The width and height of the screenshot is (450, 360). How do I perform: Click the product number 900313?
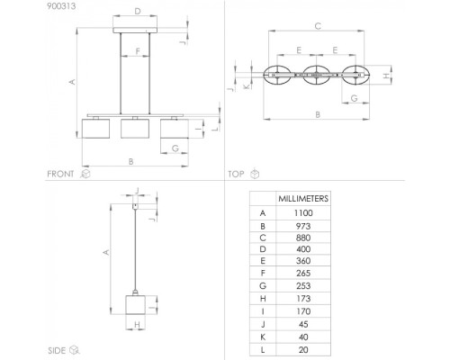(x=61, y=6)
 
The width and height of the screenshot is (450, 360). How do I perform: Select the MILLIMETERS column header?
(x=303, y=199)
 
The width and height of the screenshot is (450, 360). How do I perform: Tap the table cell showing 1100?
(x=303, y=213)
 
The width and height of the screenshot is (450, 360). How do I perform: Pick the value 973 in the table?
(x=303, y=226)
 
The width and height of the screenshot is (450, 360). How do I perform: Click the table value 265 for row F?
(x=303, y=274)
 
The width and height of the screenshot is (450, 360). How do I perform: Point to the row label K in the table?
(x=263, y=337)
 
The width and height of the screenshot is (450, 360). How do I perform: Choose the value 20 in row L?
(x=303, y=350)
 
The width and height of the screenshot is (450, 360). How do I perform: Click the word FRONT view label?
(x=60, y=174)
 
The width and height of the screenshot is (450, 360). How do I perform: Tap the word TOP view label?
(x=236, y=174)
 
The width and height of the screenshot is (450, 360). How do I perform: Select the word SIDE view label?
(x=57, y=350)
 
